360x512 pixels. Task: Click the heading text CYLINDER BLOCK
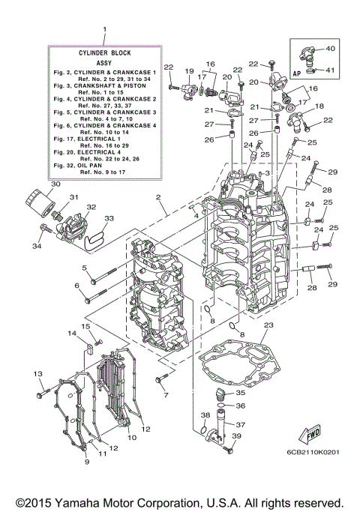coord(103,54)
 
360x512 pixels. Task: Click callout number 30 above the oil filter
coord(34,184)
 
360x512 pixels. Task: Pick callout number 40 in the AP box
coord(331,49)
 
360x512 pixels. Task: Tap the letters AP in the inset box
coord(297,74)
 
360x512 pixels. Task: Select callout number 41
coord(331,71)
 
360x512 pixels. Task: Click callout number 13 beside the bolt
coord(37,373)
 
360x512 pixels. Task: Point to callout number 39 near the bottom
coord(238,436)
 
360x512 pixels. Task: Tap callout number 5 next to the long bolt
coord(85,268)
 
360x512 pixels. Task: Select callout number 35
coord(240,392)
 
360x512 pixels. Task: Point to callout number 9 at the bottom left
coord(87,462)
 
